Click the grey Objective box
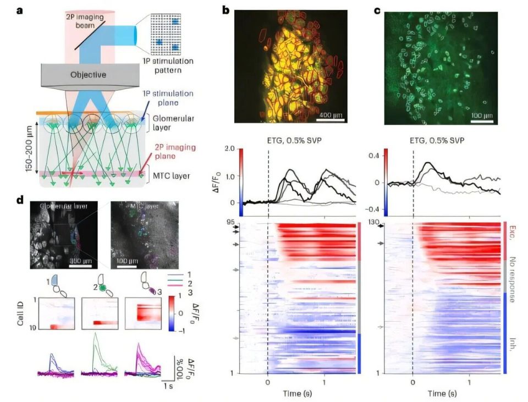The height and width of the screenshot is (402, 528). (87, 74)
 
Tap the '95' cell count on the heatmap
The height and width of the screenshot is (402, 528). (232, 222)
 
